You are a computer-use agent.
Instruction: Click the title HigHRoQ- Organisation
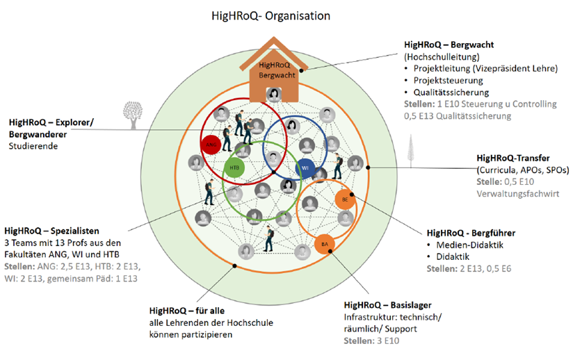pyautogui.click(x=271, y=15)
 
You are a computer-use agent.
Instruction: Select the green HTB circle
pyautogui.click(x=233, y=167)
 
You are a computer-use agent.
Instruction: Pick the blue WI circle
pyautogui.click(x=305, y=167)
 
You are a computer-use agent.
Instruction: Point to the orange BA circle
pyautogui.click(x=323, y=245)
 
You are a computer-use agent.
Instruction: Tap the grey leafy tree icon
pyautogui.click(x=130, y=114)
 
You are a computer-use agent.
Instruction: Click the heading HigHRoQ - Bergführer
pyautogui.click(x=470, y=233)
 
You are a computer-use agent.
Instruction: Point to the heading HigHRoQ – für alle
pyautogui.click(x=188, y=311)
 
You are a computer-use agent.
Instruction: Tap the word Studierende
pyautogui.click(x=32, y=146)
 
